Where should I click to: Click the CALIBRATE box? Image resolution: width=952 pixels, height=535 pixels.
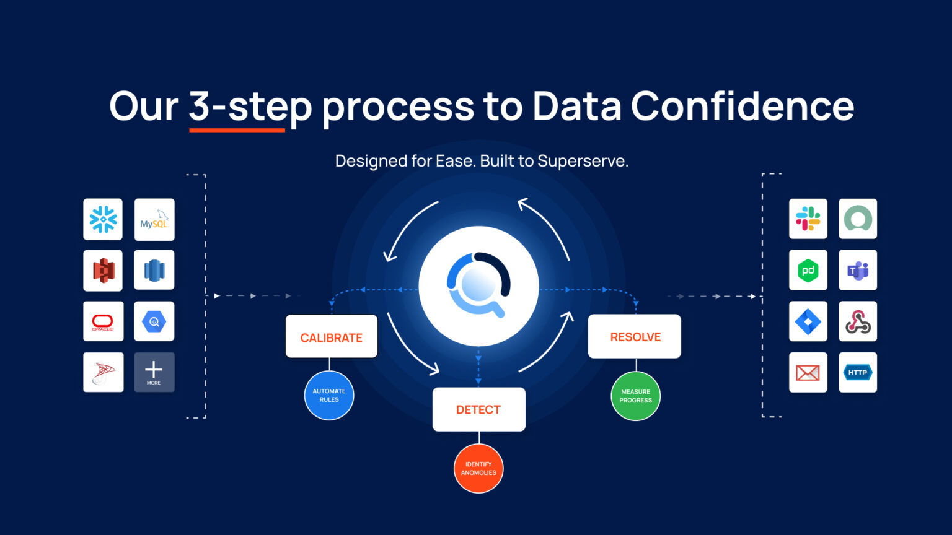pos(332,337)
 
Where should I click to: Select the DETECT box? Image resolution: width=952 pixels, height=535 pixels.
pos(478,409)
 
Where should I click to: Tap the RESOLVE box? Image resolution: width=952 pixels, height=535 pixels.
pos(635,336)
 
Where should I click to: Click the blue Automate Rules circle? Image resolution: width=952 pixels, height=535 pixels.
pos(329,396)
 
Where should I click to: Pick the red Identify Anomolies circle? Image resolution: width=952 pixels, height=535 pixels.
pos(478,468)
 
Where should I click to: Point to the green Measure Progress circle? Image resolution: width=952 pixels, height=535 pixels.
pos(635,396)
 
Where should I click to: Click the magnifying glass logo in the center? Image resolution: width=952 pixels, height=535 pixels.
pos(478,285)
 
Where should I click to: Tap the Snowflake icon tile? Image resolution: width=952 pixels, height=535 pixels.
pos(103,219)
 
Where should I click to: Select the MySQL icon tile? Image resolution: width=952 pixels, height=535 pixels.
pos(154,219)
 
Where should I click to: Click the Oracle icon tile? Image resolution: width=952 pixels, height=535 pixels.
pos(103,321)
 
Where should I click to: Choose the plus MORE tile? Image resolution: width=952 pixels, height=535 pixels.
pos(154,372)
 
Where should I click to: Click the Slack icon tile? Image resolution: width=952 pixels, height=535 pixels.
pos(808,219)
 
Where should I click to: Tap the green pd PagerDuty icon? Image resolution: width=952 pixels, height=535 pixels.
pos(808,270)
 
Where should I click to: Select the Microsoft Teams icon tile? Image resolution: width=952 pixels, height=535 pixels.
pos(858,270)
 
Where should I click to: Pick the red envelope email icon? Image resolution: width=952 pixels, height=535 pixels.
pos(808,372)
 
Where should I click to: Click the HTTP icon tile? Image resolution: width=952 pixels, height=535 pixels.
pos(858,372)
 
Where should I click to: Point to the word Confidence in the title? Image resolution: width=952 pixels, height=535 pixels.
pos(743,106)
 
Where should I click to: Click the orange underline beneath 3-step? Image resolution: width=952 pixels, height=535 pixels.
pos(237,130)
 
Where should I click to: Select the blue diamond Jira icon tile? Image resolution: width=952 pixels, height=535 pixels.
pos(808,321)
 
